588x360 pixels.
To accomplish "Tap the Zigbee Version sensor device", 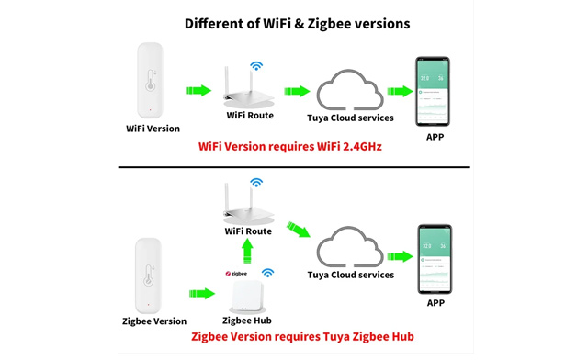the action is point(151,274).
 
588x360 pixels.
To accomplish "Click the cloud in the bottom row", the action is point(349,250).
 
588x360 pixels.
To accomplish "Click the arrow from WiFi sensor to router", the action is point(198,91).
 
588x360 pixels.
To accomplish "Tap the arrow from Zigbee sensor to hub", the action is point(202,293).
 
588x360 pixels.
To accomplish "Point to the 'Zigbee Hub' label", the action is point(247,321).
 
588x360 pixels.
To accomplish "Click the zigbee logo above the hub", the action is point(236,273).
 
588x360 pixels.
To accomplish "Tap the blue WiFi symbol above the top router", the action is point(256,66).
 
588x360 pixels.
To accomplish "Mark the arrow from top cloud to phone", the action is point(399,91).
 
